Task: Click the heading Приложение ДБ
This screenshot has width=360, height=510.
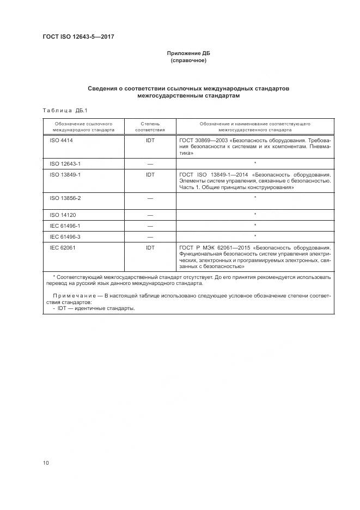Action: click(x=188, y=53)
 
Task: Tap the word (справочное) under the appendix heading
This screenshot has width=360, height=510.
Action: click(x=188, y=60)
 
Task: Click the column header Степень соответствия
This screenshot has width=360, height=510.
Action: click(x=150, y=127)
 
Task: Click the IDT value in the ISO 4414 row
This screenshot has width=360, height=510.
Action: click(x=150, y=140)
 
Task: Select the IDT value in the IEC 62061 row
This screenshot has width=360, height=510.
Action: click(x=150, y=248)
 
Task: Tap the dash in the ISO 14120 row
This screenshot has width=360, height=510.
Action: click(x=150, y=215)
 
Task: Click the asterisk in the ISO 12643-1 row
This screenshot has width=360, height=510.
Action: click(x=255, y=163)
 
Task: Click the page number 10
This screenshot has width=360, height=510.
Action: click(x=46, y=463)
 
